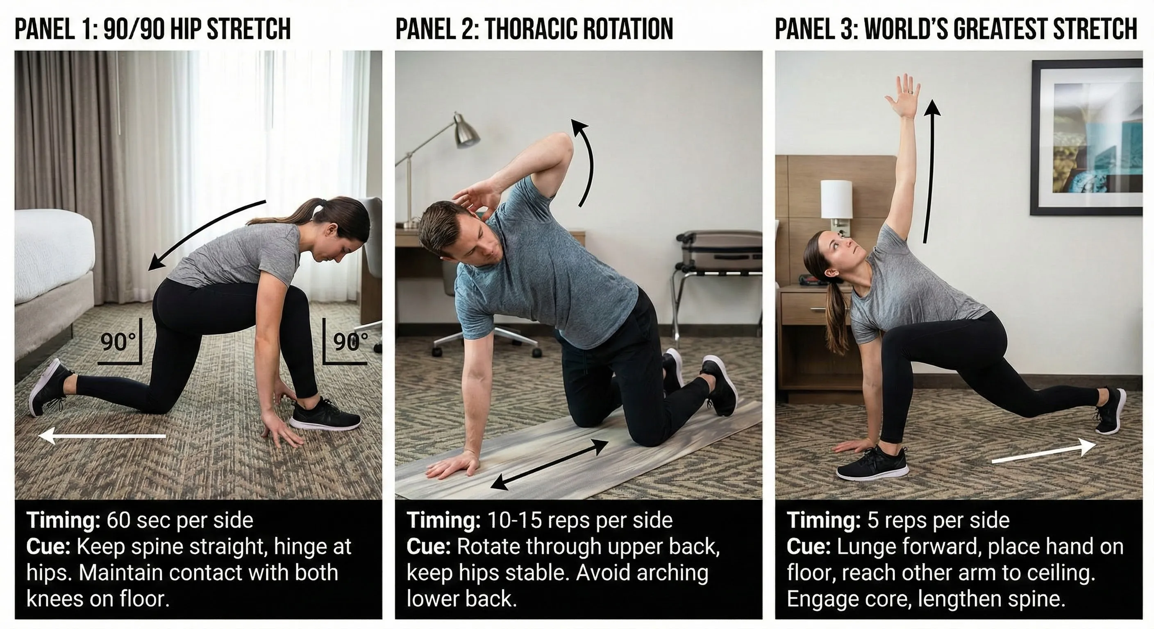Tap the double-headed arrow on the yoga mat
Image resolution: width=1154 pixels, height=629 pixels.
click(550, 464)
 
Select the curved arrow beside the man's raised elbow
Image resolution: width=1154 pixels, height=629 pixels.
click(586, 161)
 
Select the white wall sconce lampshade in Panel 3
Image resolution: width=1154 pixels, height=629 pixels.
click(836, 199)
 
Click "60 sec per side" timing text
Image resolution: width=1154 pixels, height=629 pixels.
click(179, 520)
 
